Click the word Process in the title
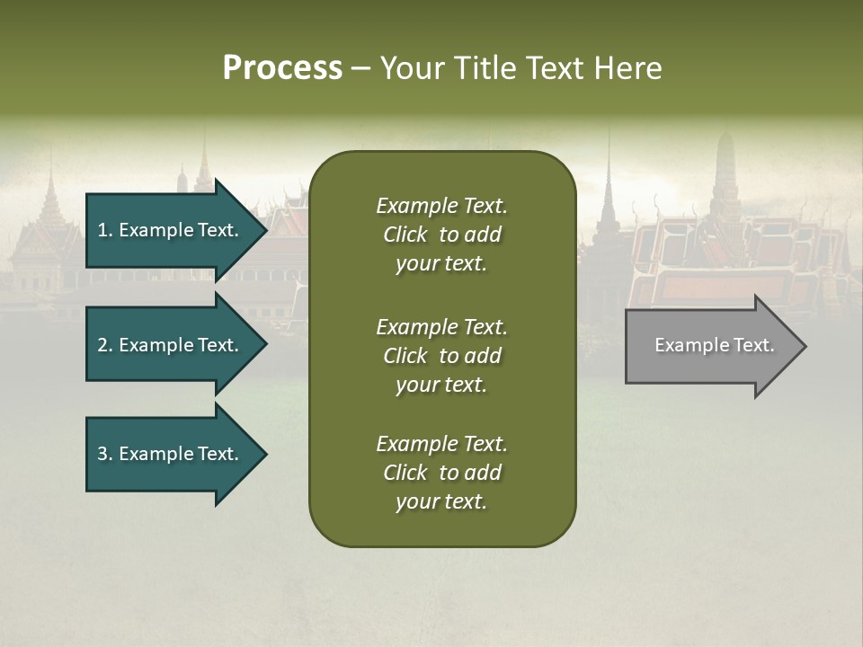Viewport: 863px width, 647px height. click(x=282, y=67)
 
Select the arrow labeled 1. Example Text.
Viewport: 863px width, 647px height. click(x=171, y=230)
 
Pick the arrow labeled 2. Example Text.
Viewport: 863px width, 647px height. click(x=171, y=345)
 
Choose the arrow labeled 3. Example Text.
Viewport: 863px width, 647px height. click(x=171, y=454)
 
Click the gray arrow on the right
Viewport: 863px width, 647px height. click(x=710, y=346)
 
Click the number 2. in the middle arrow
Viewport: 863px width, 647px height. click(x=104, y=345)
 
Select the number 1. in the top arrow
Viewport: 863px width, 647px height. click(x=104, y=230)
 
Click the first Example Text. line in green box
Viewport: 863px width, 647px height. click(x=441, y=206)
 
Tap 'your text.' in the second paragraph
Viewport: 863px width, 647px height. click(x=441, y=385)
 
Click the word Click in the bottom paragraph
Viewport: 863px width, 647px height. click(x=405, y=473)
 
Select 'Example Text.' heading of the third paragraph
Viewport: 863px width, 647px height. click(x=441, y=444)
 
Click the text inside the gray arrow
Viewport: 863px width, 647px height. click(x=714, y=345)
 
